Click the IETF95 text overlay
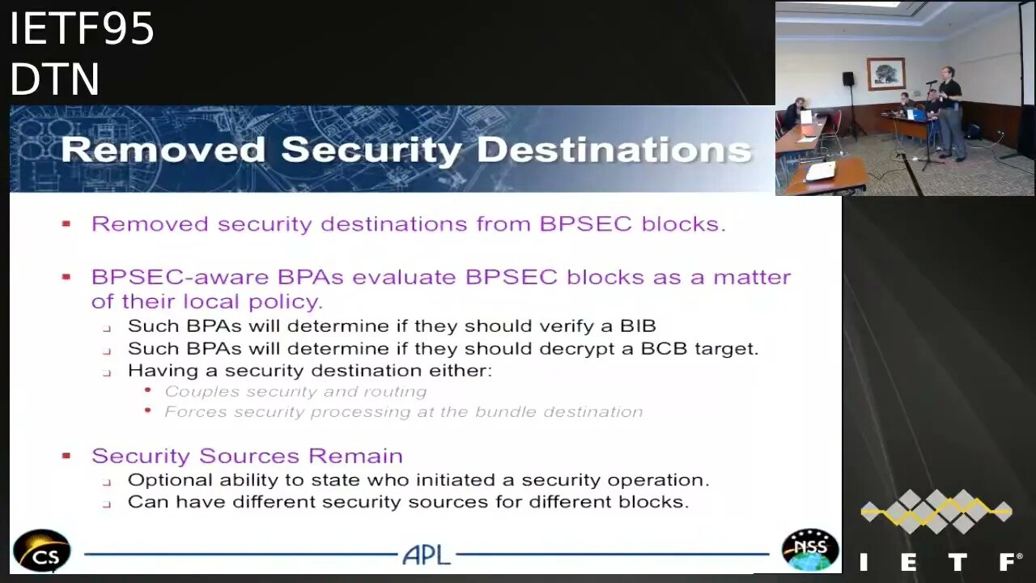[82, 28]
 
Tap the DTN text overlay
[54, 79]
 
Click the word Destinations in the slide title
[614, 151]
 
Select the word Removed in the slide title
[163, 150]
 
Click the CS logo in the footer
[41, 551]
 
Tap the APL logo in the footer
[427, 555]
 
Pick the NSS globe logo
[810, 550]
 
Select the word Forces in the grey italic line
[196, 412]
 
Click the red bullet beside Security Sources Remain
[66, 456]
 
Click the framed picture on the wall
[885, 74]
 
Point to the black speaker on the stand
[847, 79]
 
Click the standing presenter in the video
[950, 113]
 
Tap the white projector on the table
[821, 172]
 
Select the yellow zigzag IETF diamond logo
[936, 511]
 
